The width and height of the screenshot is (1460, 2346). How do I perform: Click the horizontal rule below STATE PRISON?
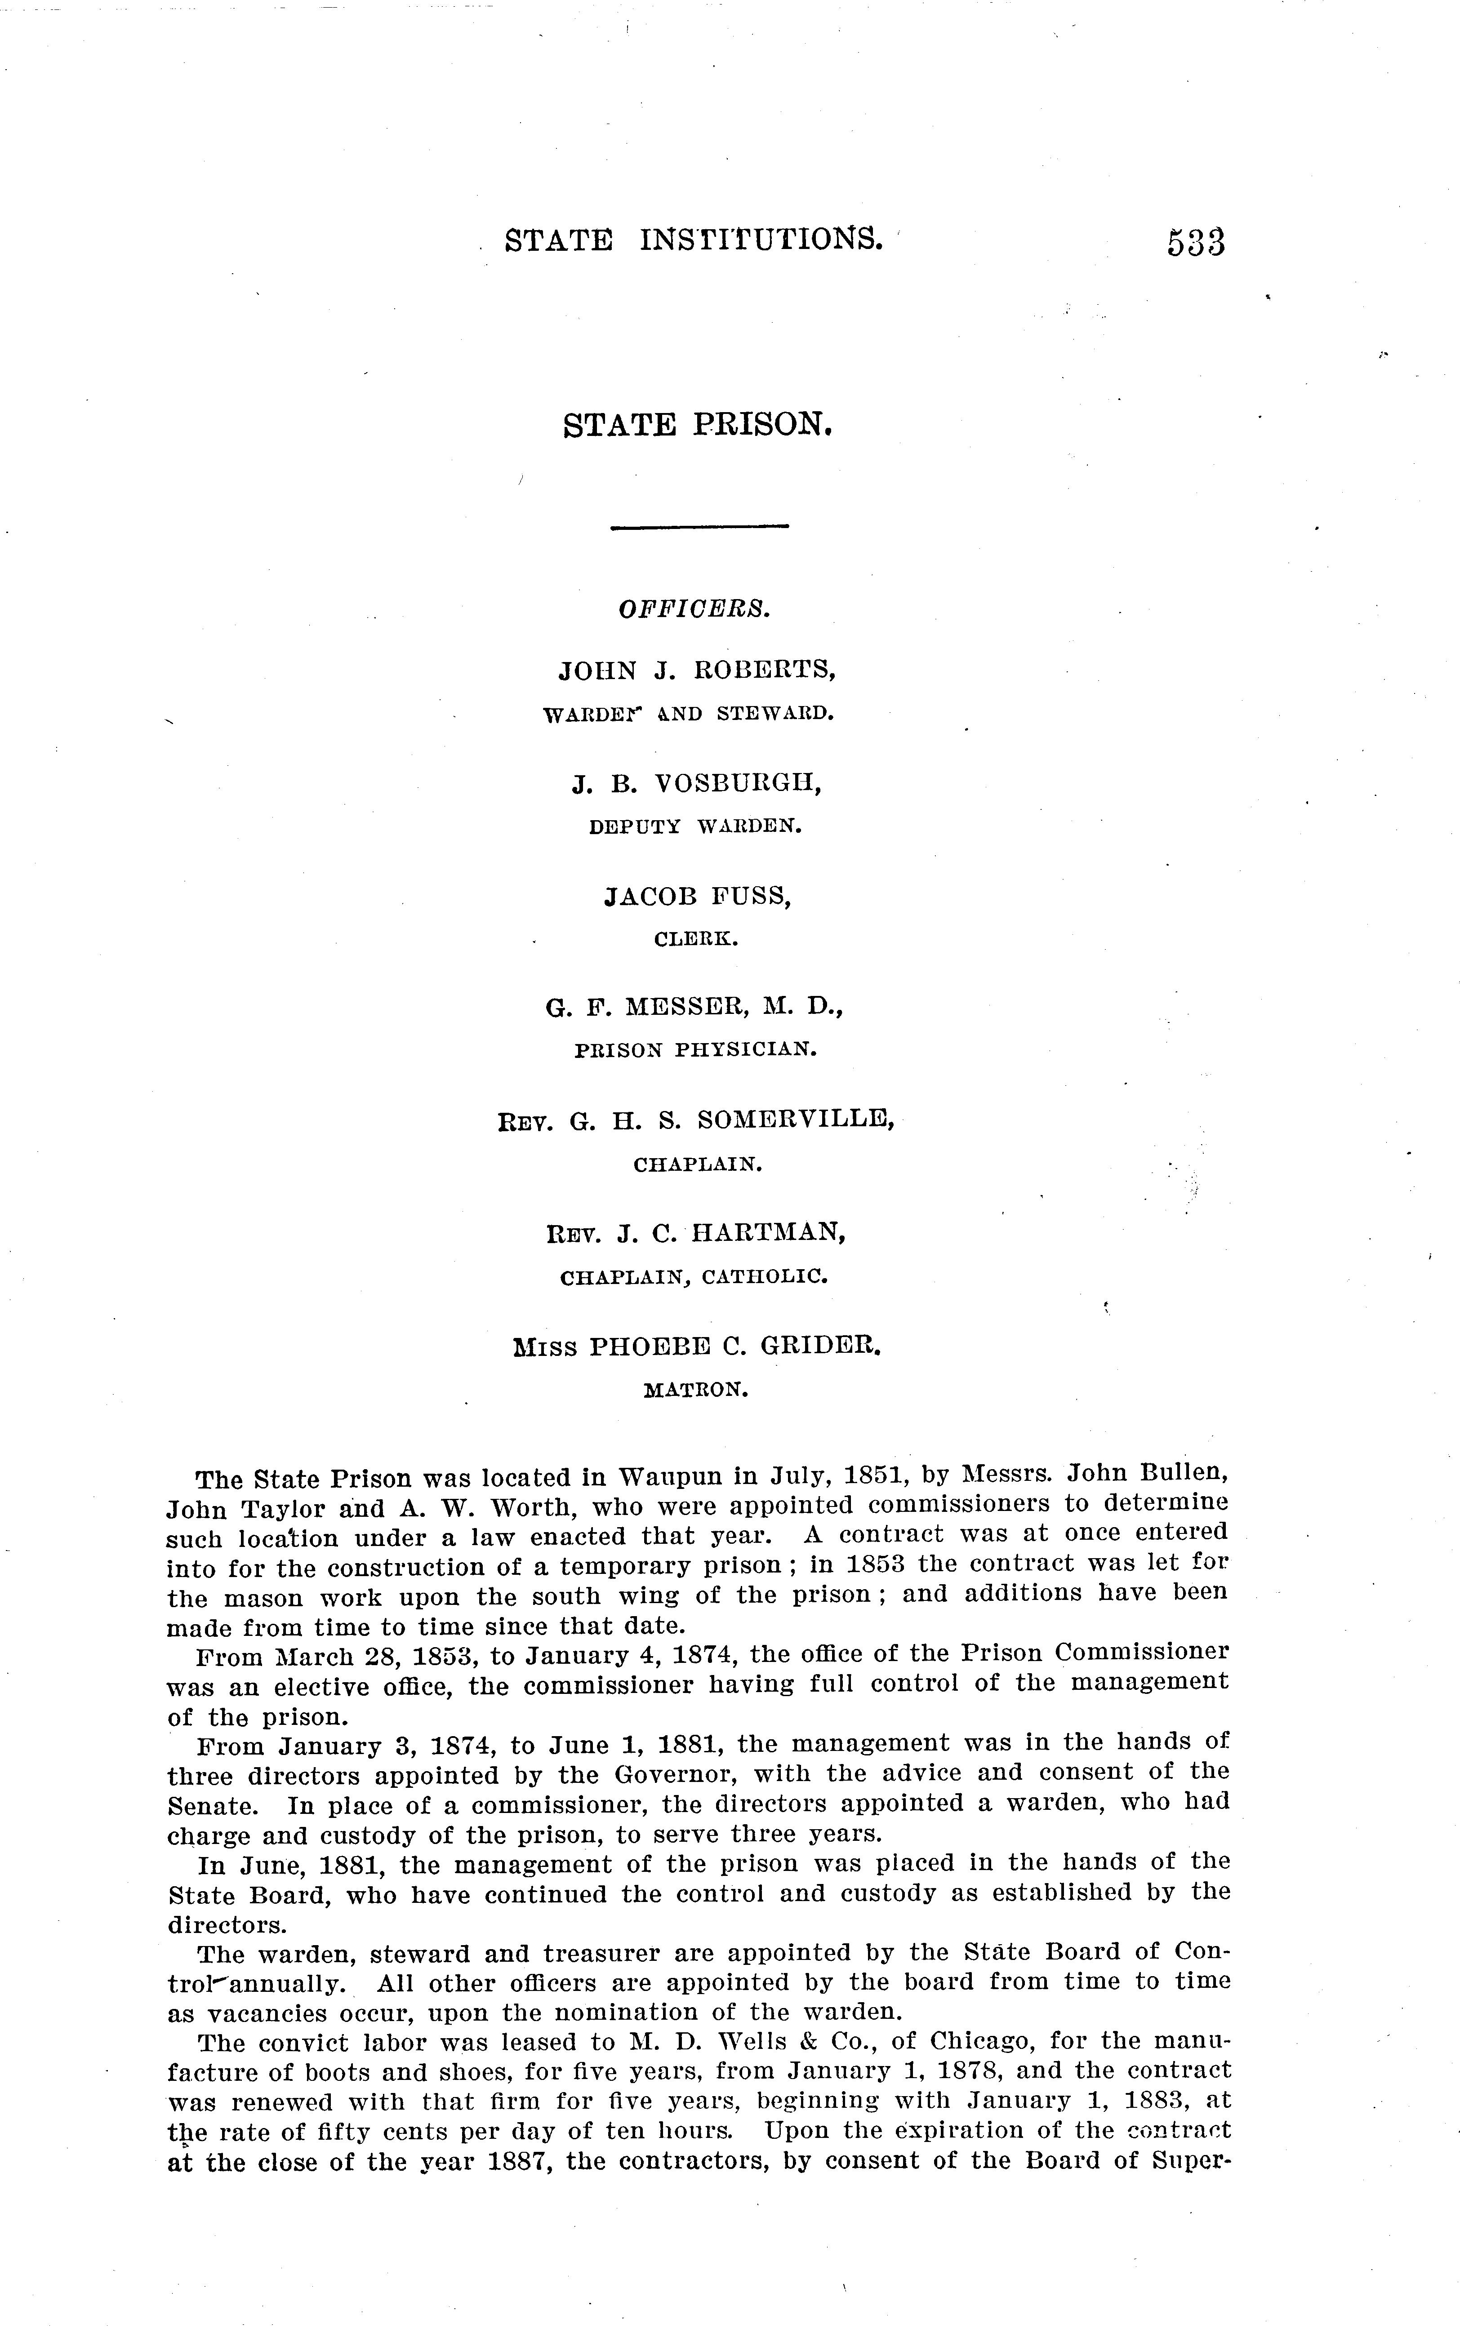700,526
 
